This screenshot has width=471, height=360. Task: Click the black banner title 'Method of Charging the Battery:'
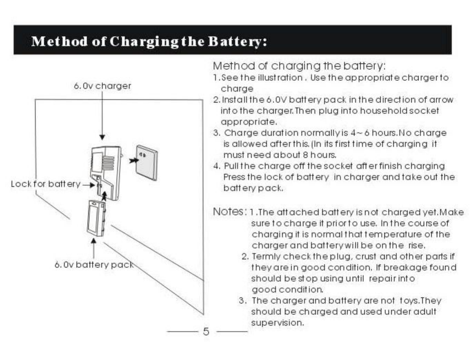tap(149, 41)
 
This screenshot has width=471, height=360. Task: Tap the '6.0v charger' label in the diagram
tap(102, 86)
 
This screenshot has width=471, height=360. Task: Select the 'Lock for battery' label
tap(46, 184)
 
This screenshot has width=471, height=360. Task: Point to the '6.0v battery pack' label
tap(94, 265)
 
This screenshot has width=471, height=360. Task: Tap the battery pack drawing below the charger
tap(96, 218)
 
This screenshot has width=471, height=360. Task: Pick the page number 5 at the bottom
tap(206, 331)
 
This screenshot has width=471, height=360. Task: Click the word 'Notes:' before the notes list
tap(230, 211)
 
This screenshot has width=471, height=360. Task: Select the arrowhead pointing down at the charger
tap(102, 137)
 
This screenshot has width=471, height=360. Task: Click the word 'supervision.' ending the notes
tap(278, 323)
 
